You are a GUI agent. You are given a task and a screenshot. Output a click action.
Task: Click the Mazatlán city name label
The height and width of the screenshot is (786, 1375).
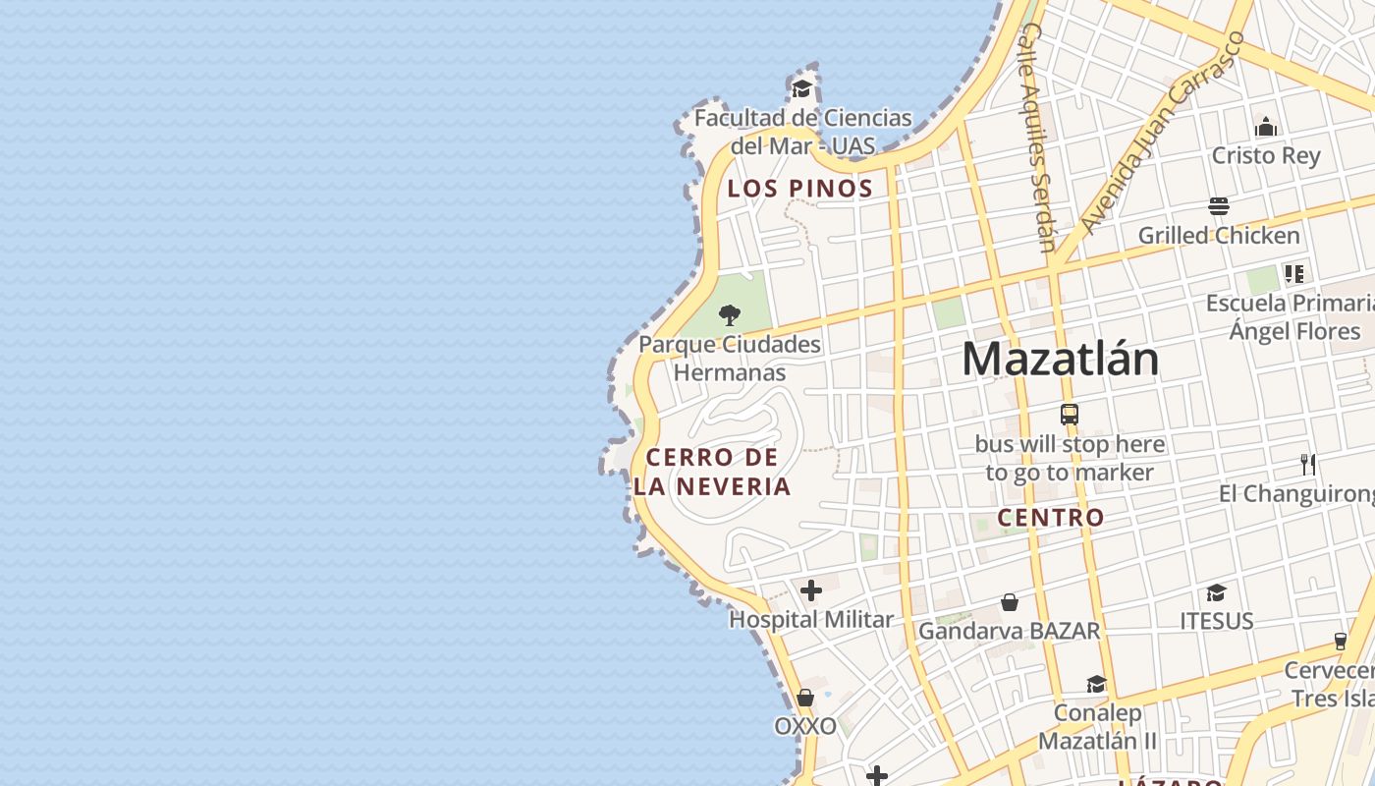1060,360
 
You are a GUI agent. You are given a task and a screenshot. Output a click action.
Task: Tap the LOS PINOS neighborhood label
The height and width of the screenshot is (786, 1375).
799,189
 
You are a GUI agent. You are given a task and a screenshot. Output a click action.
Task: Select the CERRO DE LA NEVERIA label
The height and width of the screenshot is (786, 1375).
712,472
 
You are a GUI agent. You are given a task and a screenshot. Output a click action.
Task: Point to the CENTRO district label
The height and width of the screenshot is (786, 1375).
1051,518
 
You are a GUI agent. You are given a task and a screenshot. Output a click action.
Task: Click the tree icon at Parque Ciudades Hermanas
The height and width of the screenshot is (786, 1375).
729,315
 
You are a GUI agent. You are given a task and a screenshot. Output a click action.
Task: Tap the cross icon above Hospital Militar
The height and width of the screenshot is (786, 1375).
811,590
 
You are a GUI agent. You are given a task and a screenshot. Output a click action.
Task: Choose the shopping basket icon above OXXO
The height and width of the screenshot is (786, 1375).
805,698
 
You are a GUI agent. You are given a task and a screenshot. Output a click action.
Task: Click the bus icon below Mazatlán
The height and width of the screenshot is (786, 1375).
1070,415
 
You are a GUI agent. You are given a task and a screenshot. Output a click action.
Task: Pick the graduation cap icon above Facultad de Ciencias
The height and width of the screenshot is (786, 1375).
802,89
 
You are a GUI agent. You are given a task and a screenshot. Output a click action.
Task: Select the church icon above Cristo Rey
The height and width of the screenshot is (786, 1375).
1266,127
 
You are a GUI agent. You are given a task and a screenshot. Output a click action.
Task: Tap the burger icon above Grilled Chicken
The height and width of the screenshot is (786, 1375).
1219,206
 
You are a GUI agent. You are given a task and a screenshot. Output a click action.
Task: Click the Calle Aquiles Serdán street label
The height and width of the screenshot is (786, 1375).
1037,138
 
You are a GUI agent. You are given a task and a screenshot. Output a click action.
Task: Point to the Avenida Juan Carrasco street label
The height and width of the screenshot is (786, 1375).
1162,134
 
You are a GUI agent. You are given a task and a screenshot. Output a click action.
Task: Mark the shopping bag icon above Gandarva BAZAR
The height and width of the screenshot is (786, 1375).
1010,602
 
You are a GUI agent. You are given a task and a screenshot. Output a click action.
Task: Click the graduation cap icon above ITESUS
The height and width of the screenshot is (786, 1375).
1217,592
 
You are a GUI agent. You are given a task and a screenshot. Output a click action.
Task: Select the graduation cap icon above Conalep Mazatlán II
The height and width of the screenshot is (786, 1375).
1097,684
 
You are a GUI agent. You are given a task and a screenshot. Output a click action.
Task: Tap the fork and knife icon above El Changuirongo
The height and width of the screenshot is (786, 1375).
1307,464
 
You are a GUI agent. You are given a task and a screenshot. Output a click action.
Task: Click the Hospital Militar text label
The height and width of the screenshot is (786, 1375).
811,620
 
